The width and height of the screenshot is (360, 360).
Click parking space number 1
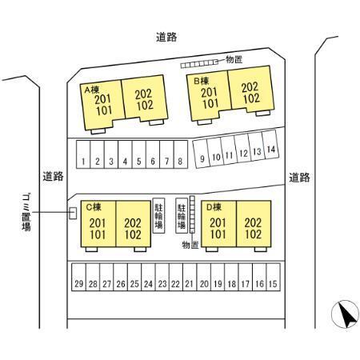[x=83, y=154]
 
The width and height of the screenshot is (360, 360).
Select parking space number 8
[x=181, y=154]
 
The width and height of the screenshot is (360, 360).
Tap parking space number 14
[x=270, y=145]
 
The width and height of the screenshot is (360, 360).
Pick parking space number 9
[x=202, y=154]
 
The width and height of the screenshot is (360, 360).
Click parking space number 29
[x=78, y=277]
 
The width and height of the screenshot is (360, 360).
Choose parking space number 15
[x=273, y=277]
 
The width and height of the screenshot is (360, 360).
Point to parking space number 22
[x=176, y=277]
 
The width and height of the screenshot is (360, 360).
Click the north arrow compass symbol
[x=345, y=314]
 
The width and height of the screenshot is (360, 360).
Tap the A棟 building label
[x=92, y=90]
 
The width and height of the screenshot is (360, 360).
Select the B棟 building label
[x=201, y=81]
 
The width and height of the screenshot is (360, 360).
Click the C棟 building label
[x=94, y=207]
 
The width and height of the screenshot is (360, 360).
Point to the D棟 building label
[x=214, y=207]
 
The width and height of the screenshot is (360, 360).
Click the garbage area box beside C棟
[x=73, y=214]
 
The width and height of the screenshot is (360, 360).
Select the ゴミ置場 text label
[x=26, y=212]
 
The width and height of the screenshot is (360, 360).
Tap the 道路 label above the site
[x=166, y=37]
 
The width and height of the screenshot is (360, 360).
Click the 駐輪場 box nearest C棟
[x=158, y=215]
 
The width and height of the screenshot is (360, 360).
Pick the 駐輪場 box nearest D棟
[x=182, y=215]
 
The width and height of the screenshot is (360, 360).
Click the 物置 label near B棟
[x=234, y=59]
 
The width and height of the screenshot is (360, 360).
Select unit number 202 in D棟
[x=253, y=223]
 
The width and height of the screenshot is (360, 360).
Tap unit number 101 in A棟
[x=104, y=110]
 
